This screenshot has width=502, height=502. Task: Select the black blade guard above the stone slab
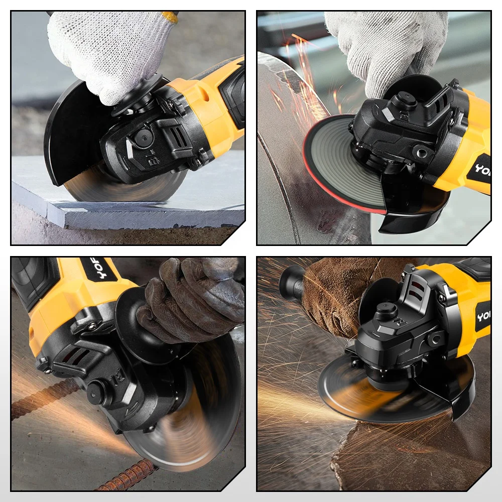coord(70,131)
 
